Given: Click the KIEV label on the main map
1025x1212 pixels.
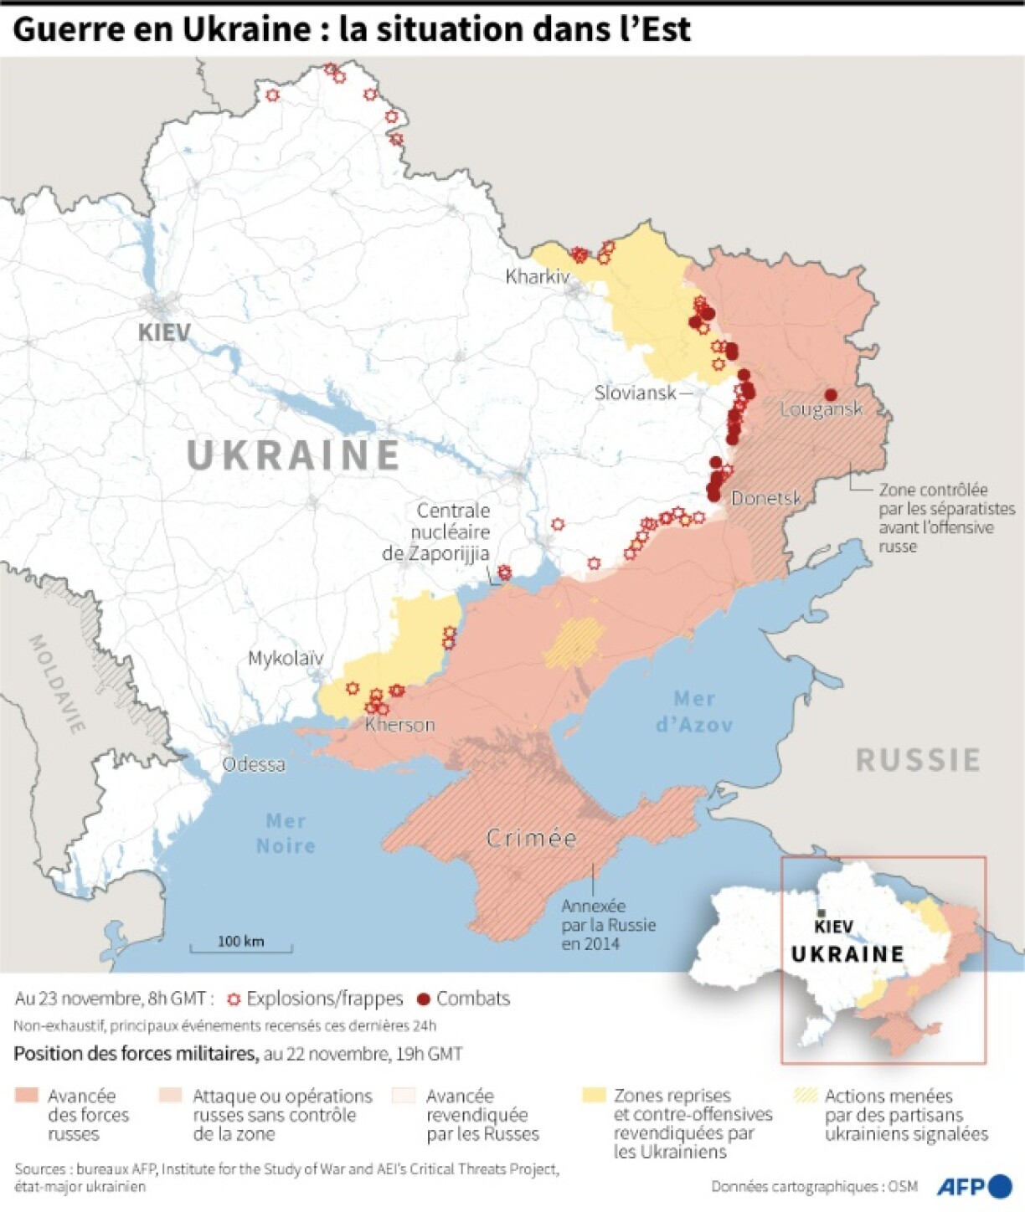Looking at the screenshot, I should [164, 332].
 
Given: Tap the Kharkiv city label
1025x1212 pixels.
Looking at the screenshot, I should [537, 276].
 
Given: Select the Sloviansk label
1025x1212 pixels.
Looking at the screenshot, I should [635, 392].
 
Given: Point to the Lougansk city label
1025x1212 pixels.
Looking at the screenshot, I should [821, 409].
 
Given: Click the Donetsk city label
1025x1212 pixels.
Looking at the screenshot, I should [765, 498].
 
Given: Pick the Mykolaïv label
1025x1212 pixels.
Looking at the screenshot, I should [286, 658].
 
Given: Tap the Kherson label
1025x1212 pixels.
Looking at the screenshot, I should [400, 725].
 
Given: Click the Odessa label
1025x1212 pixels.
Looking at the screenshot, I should [253, 764].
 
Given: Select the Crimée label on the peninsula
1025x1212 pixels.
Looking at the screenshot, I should [532, 838].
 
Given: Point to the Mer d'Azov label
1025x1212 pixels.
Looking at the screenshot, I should [694, 711].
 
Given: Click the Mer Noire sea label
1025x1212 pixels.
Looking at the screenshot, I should [286, 834].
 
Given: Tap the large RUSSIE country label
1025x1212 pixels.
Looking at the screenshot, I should [918, 760].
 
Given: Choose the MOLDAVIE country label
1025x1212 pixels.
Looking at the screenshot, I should [57, 683].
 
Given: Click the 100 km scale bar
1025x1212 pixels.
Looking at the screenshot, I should [241, 946].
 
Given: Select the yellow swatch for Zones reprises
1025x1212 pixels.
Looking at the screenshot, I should [594, 1095].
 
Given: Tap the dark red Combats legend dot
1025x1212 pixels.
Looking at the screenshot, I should [424, 999].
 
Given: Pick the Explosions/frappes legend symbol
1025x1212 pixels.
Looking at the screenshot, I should [234, 999].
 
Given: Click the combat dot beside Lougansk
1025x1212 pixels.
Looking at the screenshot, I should [831, 394].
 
